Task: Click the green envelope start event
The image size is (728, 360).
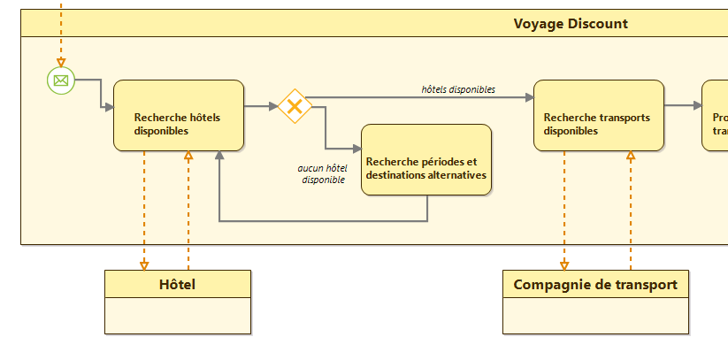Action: click(x=61, y=80)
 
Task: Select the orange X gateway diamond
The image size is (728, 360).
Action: click(x=295, y=106)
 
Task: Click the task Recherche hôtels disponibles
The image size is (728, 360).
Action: click(x=179, y=116)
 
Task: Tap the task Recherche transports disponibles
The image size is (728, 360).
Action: click(x=599, y=116)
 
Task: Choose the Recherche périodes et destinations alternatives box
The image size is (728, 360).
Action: click(x=426, y=160)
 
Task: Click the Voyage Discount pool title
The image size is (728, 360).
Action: click(x=571, y=24)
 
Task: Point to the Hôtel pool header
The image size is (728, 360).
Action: click(x=177, y=284)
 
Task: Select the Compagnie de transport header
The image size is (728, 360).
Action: click(x=595, y=284)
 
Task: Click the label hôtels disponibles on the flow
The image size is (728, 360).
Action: click(x=458, y=88)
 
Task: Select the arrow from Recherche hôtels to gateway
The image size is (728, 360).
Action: click(x=261, y=107)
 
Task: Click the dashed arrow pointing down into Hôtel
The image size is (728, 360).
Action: click(x=144, y=212)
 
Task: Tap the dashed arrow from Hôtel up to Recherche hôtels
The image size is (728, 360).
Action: click(x=188, y=212)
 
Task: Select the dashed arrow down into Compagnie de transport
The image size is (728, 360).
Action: click(x=564, y=212)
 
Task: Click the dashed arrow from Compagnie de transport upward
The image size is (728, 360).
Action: click(x=631, y=212)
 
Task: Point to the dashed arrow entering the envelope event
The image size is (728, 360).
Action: click(x=61, y=35)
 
